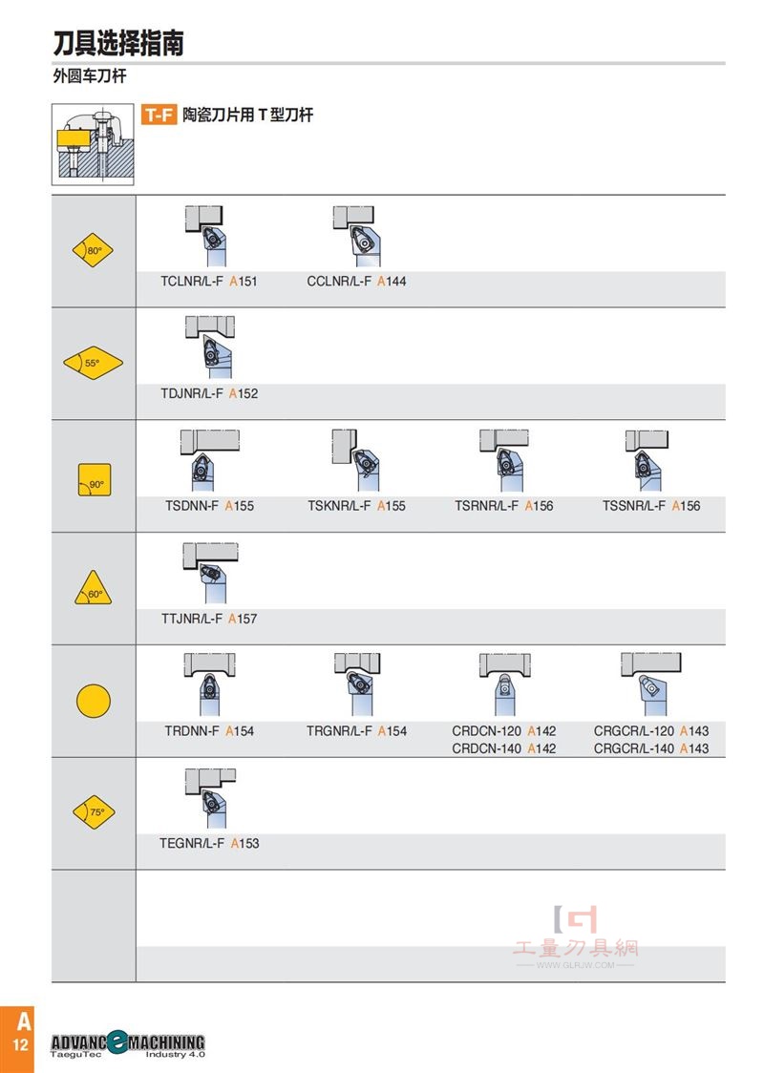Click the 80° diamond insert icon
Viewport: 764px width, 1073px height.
(93, 250)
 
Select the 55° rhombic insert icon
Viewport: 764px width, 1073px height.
(93, 363)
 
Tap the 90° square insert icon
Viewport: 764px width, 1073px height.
(95, 480)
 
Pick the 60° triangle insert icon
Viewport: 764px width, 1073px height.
(93, 588)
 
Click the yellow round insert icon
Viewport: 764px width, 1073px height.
(93, 701)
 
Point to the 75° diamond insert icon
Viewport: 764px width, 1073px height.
(94, 811)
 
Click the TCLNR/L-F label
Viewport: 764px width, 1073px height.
(192, 282)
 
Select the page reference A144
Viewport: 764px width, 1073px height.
(392, 282)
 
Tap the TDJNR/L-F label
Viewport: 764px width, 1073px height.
(192, 393)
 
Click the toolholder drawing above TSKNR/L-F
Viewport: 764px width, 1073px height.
(356, 459)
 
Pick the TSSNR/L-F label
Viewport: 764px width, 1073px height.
(633, 506)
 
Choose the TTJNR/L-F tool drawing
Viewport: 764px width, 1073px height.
(209, 572)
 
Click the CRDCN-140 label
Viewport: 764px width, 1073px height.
(486, 748)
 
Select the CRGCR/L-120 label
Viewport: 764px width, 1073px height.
(634, 731)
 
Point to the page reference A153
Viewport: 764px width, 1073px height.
(244, 843)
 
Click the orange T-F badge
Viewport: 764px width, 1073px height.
(159, 115)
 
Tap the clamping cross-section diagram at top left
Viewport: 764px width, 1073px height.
(93, 144)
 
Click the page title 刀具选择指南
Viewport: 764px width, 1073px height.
(118, 42)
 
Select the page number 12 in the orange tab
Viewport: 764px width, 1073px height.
(21, 1045)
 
